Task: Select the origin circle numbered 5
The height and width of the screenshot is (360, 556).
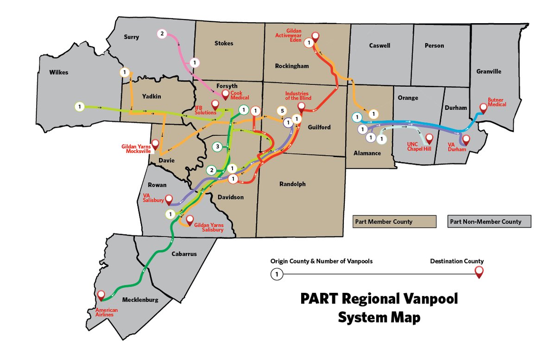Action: coord(280,111)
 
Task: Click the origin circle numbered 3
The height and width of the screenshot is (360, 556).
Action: coord(217,147)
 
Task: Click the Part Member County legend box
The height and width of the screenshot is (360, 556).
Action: coord(394,221)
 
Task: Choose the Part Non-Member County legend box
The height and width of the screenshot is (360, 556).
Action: coord(489,221)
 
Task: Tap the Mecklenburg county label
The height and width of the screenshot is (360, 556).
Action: coord(140,300)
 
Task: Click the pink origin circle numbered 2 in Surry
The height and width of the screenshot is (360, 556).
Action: coord(162,33)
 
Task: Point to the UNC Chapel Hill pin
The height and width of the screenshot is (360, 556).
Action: coord(430,139)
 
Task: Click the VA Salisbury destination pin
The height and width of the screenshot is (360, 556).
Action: coord(169,199)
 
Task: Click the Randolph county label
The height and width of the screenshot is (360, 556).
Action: coord(292,184)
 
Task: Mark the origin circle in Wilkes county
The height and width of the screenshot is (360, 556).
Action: coord(80,107)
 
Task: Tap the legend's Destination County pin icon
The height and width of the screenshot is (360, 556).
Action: coord(479,272)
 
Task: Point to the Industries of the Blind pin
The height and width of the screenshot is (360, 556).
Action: coord(302,107)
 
